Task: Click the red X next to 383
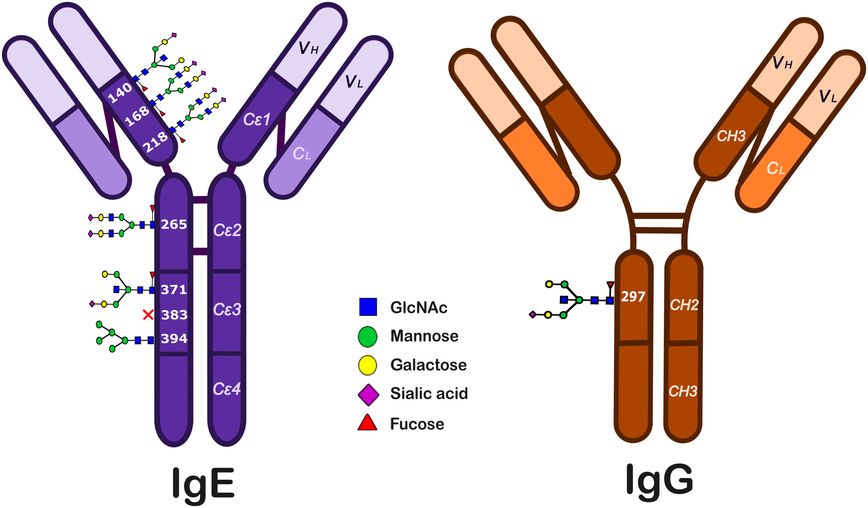tap(148, 315)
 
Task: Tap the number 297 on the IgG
tap(633, 296)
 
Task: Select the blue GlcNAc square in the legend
tap(368, 307)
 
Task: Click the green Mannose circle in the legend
tap(368, 336)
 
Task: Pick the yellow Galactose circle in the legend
tap(368, 365)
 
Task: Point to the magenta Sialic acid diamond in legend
tap(368, 394)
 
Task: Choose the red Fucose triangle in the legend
tap(368, 423)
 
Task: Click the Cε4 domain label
tap(227, 389)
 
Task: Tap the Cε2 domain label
tap(227, 230)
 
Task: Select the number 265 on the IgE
tap(174, 225)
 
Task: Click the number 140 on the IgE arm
tap(120, 93)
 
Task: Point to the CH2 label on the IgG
tap(684, 305)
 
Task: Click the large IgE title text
tap(203, 483)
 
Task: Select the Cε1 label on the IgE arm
tap(257, 119)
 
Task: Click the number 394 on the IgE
tap(174, 339)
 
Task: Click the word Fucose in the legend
tap(417, 424)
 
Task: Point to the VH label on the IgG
tap(782, 63)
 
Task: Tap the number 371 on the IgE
tap(174, 290)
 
